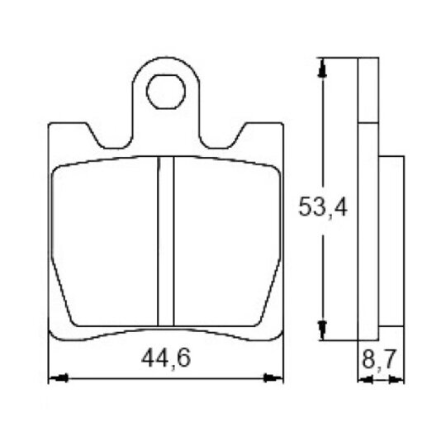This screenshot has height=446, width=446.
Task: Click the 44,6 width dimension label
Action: (x=166, y=358)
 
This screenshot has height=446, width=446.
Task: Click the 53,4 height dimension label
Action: (x=323, y=207)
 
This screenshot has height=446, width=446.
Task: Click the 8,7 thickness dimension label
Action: (x=379, y=359)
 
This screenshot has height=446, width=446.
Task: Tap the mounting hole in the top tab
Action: (x=166, y=92)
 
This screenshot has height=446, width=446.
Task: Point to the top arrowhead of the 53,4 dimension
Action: (x=322, y=68)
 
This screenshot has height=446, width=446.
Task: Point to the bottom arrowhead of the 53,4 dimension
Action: (x=322, y=330)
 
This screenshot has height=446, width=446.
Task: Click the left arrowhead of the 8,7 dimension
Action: (x=365, y=379)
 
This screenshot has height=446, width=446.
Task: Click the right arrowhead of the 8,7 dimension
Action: (x=396, y=379)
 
